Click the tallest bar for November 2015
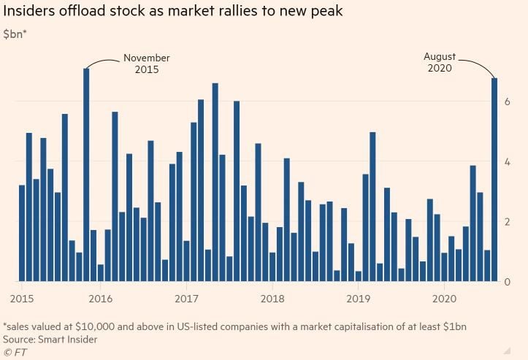coord(86,175)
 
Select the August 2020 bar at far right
coord(494,180)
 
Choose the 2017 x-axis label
coord(186,298)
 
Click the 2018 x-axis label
coord(272,298)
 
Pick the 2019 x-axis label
coord(359,298)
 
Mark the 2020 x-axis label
coord(444,298)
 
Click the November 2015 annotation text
coord(146,64)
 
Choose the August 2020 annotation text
coord(440,62)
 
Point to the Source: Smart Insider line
coord(50,339)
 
